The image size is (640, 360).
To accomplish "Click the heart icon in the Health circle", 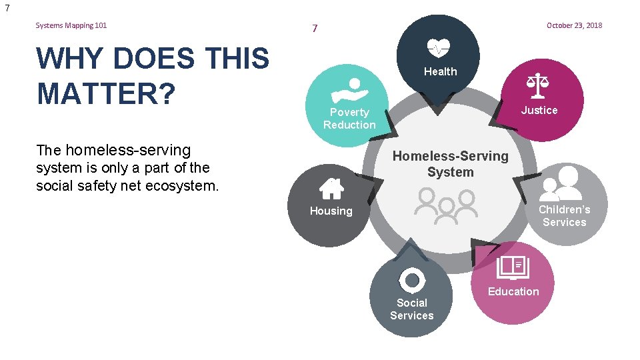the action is pyautogui.click(x=439, y=48).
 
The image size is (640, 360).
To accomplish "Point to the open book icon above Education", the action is pyautogui.click(x=513, y=267).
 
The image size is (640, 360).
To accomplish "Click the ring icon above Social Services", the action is pyautogui.click(x=412, y=279).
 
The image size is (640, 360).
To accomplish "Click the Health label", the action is pyautogui.click(x=441, y=71).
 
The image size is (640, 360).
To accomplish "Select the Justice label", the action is pyautogui.click(x=539, y=110).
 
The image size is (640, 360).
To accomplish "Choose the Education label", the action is pyautogui.click(x=513, y=291).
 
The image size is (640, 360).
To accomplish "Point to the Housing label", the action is pyautogui.click(x=331, y=211).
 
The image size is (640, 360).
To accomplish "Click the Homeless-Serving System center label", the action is pyautogui.click(x=450, y=164).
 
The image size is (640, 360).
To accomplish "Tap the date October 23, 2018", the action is pyautogui.click(x=574, y=25).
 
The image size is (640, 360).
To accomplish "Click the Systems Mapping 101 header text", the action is pyautogui.click(x=71, y=25).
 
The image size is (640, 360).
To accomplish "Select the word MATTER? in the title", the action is pyautogui.click(x=106, y=92).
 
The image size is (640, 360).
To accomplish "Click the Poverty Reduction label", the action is pyautogui.click(x=349, y=119).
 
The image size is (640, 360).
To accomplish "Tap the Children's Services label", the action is pyautogui.click(x=564, y=215).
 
